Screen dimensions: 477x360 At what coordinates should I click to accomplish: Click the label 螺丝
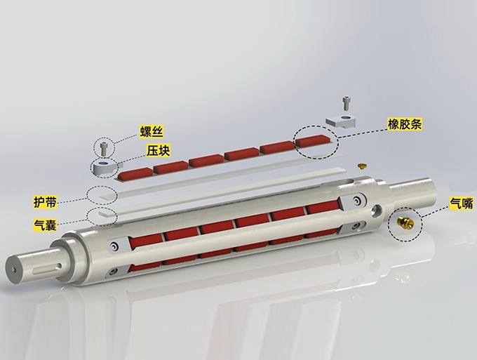[x=152, y=131]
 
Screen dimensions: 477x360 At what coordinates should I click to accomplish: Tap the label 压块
[x=159, y=150]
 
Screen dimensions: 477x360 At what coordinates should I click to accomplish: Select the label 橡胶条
[x=405, y=124]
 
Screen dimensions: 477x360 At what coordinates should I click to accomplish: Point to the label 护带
[x=45, y=202]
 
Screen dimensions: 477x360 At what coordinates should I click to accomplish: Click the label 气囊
[x=45, y=225]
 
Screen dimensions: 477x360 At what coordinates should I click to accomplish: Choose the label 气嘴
[x=462, y=203]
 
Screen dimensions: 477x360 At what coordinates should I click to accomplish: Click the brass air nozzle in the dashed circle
[x=405, y=222]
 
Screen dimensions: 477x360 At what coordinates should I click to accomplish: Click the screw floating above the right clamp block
[x=346, y=103]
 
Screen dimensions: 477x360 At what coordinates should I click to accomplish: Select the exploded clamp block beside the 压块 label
[x=105, y=168]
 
